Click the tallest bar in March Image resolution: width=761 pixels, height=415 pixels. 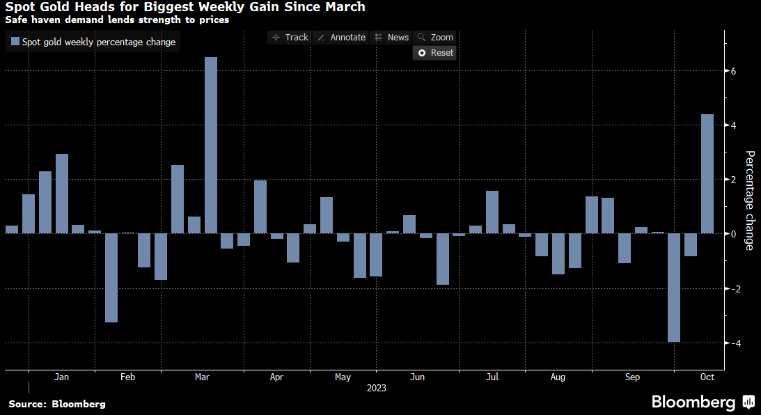tap(211, 145)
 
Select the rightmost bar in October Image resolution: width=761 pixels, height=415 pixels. tap(707, 174)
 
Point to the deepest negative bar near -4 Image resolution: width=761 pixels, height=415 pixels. tap(673, 288)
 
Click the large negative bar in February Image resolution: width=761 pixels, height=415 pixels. tap(111, 278)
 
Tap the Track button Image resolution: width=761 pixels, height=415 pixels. tap(290, 38)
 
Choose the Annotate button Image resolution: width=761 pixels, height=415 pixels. tap(341, 38)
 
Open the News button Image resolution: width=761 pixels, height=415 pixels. tap(392, 38)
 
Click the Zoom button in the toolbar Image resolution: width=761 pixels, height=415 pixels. tap(435, 38)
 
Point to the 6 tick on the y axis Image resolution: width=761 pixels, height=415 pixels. tap(734, 71)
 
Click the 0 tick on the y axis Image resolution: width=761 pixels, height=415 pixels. tap(734, 234)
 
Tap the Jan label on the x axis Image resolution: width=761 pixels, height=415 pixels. tap(61, 377)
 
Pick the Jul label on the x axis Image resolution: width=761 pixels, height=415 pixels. tap(492, 377)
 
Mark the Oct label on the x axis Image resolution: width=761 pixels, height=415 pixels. tap(707, 377)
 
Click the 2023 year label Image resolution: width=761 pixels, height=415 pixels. tap(377, 388)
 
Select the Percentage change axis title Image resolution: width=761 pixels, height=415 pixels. tap(750, 200)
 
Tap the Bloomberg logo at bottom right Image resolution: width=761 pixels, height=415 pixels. tap(702, 402)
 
